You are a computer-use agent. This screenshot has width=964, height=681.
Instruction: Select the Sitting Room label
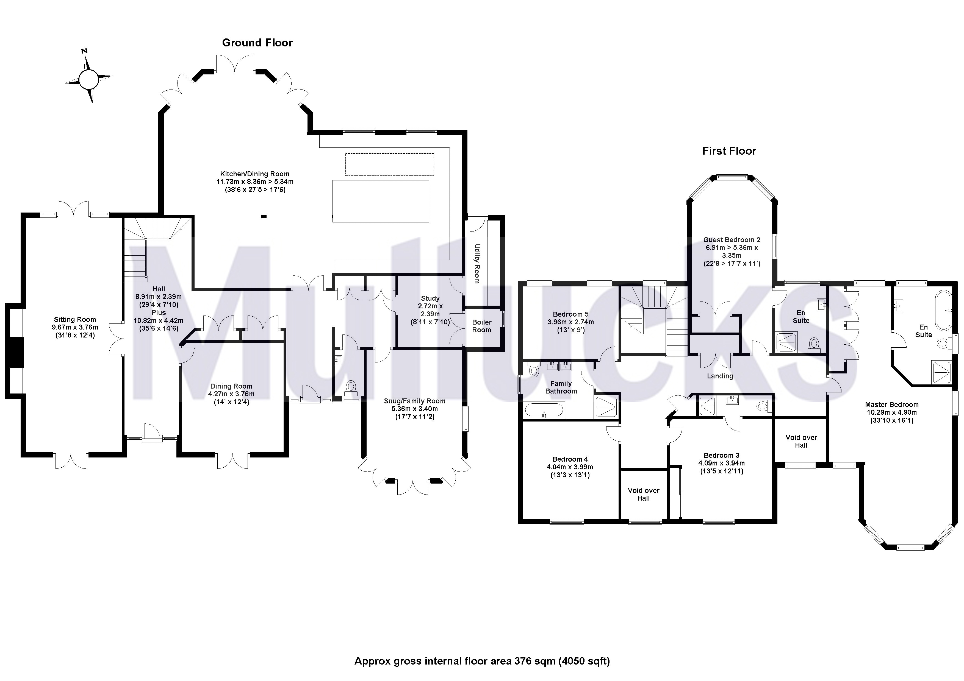[x=75, y=320]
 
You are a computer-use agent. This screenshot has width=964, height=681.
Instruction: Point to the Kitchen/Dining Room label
[x=254, y=174]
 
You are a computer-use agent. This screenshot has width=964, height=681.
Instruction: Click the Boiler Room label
[x=481, y=326]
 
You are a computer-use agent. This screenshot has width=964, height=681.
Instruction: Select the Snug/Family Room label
[x=414, y=401]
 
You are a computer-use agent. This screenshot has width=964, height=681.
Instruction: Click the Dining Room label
[x=231, y=386]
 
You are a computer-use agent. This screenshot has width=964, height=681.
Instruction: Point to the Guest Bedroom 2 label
[x=732, y=240]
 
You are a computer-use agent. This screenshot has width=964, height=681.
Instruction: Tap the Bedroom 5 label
[x=570, y=314]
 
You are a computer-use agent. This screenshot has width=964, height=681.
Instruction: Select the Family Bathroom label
[x=561, y=387]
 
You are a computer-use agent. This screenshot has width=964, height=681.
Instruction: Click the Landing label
[x=720, y=376]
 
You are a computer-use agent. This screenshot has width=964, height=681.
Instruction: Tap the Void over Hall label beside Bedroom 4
[x=643, y=494]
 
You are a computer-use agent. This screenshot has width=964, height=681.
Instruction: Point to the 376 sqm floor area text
[x=482, y=661]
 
